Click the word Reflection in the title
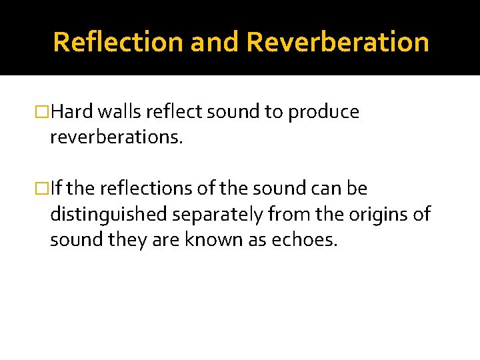point(118,42)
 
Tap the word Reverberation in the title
point(337,42)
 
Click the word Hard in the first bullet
point(70,113)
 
